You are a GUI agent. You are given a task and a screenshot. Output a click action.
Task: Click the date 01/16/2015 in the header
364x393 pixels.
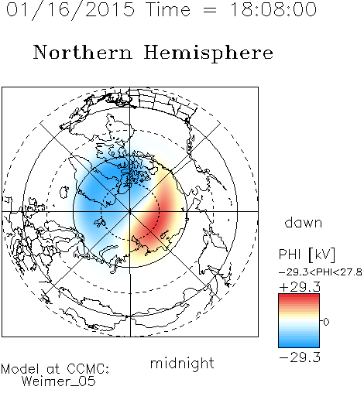click(x=70, y=10)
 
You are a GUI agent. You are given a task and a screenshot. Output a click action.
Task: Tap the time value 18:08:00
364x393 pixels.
click(x=273, y=9)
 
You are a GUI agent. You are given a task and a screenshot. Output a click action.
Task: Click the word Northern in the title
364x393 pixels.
click(x=83, y=53)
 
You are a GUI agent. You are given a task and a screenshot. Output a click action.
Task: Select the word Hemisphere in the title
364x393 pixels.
click(x=208, y=53)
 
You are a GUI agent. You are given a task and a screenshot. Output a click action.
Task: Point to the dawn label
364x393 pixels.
click(x=304, y=223)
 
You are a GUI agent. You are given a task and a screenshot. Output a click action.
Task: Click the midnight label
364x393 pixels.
click(x=182, y=364)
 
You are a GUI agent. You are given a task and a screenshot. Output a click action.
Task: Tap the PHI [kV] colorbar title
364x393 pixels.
click(x=307, y=255)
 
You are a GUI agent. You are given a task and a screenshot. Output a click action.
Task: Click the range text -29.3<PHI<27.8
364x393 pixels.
click(x=321, y=272)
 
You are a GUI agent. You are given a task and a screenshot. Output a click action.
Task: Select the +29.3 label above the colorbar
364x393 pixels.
click(x=300, y=287)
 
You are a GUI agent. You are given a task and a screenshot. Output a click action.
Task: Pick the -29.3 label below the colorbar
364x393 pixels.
click(x=300, y=357)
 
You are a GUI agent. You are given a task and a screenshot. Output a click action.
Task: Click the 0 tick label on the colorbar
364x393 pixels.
click(x=326, y=322)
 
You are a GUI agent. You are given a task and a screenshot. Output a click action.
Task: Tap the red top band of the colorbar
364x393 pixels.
click(x=299, y=298)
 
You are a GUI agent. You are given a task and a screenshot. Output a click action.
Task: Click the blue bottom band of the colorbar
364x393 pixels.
click(x=299, y=343)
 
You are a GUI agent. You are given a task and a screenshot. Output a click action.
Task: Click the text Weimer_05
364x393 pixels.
click(x=59, y=381)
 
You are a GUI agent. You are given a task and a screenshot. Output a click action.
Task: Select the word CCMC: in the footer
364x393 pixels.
click(x=88, y=369)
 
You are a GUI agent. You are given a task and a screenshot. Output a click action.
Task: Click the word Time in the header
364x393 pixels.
click(x=168, y=10)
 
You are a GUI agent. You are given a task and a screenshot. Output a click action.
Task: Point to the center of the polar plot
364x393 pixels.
click(x=130, y=211)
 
